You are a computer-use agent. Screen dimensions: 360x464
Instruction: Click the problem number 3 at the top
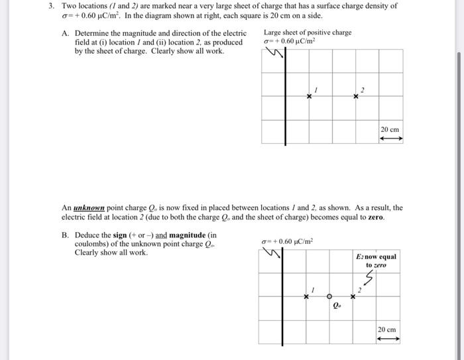click(51, 6)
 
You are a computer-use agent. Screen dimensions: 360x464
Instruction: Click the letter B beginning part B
click(64, 235)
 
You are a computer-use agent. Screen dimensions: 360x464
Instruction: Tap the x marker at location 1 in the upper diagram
click(309, 97)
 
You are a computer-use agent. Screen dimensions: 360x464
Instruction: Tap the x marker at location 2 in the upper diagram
click(356, 97)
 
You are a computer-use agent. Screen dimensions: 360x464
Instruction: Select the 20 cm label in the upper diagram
click(390, 129)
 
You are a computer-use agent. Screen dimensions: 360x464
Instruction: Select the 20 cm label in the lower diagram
click(387, 330)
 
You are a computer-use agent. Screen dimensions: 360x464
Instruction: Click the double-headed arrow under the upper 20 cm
click(390, 139)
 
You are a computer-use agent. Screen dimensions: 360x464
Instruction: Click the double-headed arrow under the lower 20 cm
click(388, 339)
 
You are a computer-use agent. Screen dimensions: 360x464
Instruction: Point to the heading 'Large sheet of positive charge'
click(307, 32)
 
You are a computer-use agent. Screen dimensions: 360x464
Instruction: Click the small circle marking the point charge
click(329, 296)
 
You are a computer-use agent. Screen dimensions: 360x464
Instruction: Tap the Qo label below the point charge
click(337, 306)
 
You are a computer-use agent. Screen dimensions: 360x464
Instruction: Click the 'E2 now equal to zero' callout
click(376, 261)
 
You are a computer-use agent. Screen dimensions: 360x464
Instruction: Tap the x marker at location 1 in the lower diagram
click(306, 296)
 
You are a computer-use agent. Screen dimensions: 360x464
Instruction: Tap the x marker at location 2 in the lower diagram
click(353, 296)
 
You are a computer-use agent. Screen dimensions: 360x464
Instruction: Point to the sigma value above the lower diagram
click(286, 241)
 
